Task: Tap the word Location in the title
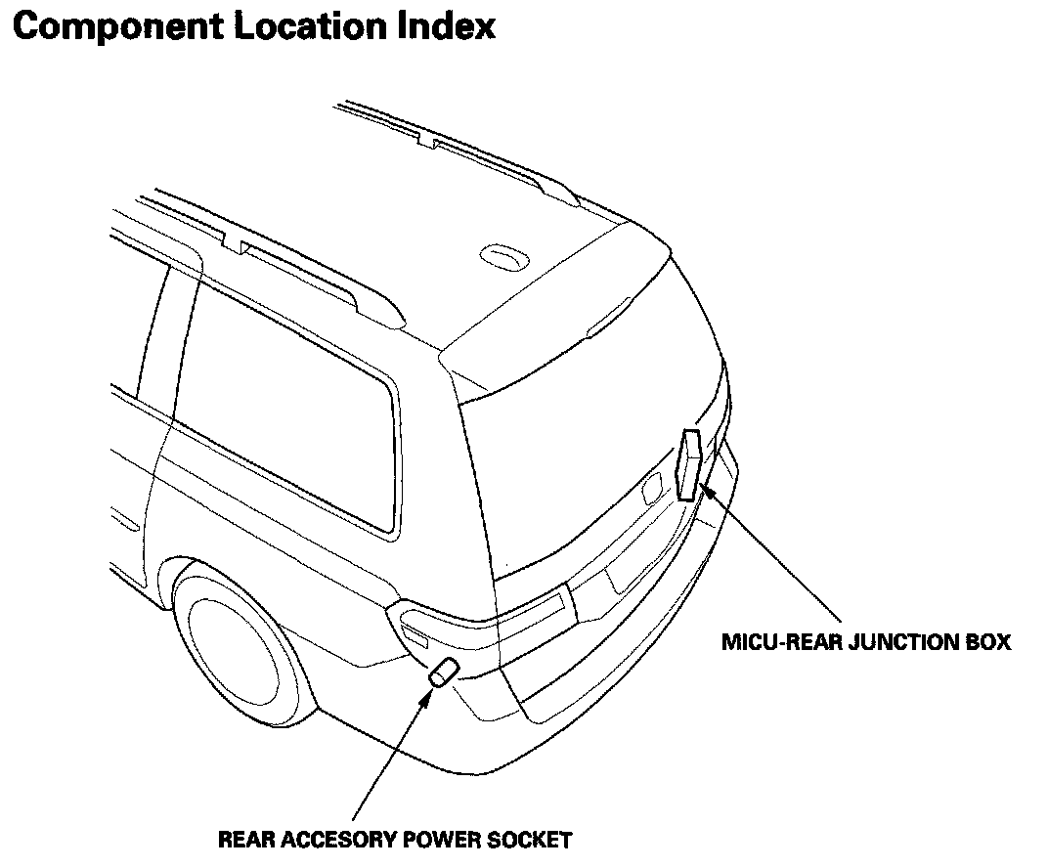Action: pos(313,26)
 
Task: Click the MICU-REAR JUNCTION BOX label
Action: pos(865,642)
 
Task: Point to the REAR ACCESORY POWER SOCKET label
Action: pos(394,839)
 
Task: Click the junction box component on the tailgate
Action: pos(690,464)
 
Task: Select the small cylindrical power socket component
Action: pos(444,673)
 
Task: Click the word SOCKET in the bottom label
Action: pos(534,839)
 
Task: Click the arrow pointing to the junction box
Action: pos(772,552)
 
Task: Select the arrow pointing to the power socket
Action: pos(391,753)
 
